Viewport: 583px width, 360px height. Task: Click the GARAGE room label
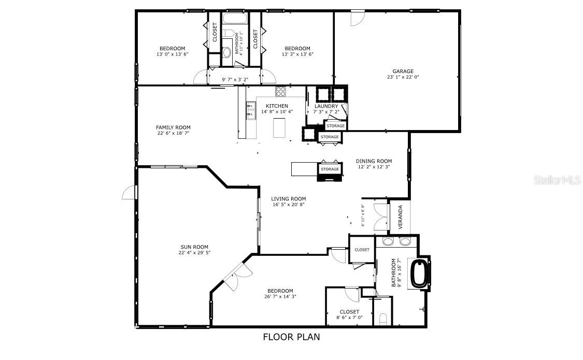[403, 71]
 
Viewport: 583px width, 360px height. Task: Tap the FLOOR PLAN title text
[291, 337]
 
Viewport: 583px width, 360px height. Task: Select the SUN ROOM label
[194, 247]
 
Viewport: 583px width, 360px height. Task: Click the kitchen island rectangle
[280, 128]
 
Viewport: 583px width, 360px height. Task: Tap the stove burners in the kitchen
[281, 91]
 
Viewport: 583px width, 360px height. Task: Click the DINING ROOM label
[374, 161]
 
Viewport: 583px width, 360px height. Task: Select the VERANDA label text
[401, 217]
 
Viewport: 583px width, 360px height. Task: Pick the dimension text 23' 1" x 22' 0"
[403, 77]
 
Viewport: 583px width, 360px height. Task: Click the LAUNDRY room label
[326, 106]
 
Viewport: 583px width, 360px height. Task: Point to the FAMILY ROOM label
[173, 127]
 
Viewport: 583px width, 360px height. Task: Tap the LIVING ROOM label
[289, 199]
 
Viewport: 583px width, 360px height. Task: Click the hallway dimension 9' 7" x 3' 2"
[235, 79]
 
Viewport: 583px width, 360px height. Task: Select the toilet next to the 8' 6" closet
[382, 319]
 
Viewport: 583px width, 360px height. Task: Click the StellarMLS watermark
[558, 180]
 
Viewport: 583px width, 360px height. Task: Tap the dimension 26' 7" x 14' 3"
[280, 296]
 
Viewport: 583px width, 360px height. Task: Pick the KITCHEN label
[277, 106]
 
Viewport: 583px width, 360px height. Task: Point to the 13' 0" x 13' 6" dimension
[173, 54]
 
